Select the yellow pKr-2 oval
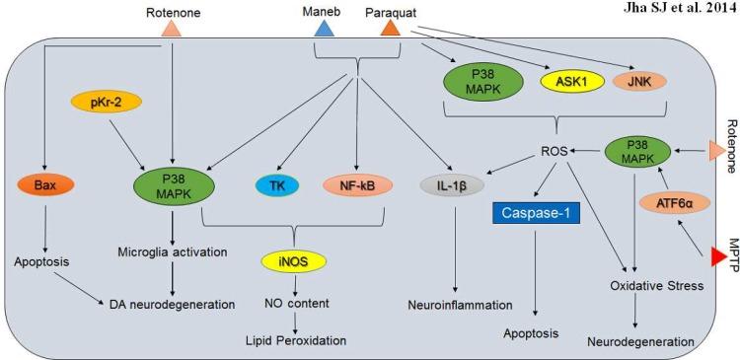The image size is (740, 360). tap(102, 102)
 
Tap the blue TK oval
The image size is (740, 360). tap(279, 184)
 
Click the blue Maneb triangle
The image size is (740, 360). tap(323, 30)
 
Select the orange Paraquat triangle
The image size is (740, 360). tap(391, 30)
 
